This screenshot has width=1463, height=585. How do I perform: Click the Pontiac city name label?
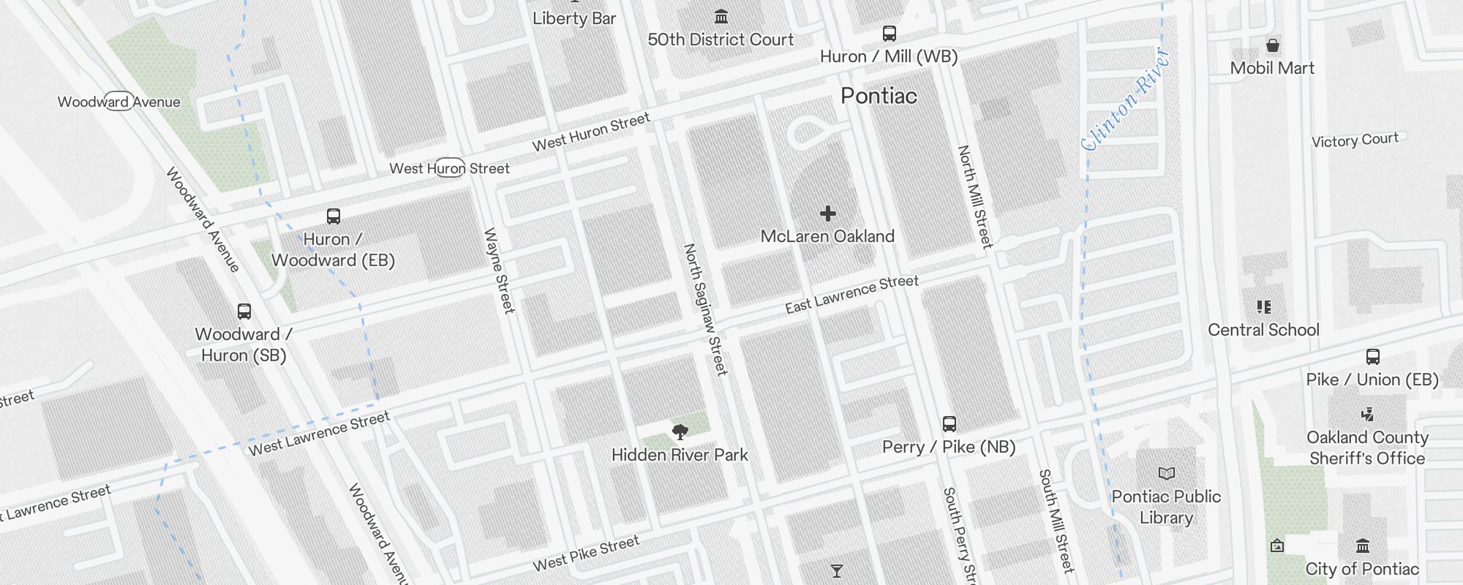tap(879, 96)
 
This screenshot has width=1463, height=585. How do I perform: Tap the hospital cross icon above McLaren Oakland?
tap(828, 214)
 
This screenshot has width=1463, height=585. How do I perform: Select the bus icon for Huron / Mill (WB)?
tap(890, 34)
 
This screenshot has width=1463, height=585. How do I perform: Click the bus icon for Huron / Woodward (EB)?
tap(334, 216)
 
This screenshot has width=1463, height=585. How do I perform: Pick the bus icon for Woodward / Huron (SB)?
tap(244, 312)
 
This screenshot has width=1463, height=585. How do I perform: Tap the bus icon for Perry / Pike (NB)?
tap(949, 424)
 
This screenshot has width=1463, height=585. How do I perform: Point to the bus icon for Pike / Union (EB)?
tap(1373, 357)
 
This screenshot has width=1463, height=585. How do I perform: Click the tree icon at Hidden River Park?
tap(680, 432)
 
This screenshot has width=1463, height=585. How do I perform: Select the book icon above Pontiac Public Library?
tap(1167, 474)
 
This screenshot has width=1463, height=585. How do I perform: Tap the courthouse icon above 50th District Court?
tap(721, 16)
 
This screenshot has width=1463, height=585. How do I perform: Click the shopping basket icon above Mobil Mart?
tap(1273, 46)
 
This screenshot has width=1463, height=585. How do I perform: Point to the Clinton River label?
tap(1126, 99)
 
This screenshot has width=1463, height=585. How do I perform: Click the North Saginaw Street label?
tap(705, 309)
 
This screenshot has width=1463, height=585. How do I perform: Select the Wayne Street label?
tap(500, 271)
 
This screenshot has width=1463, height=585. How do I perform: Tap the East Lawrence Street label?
tap(851, 294)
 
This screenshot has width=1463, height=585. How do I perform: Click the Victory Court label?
tap(1355, 140)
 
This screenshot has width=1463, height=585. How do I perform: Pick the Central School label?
tap(1263, 330)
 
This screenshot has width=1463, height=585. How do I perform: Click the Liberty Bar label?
tap(574, 19)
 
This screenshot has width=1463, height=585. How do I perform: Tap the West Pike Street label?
tap(586, 554)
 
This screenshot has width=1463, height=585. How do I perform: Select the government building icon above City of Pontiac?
tap(1363, 546)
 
